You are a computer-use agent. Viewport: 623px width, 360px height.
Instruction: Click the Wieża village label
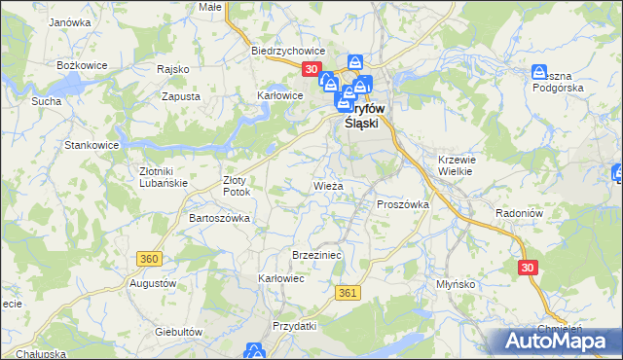tap(327, 185)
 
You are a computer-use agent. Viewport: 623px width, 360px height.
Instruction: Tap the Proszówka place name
tap(402, 204)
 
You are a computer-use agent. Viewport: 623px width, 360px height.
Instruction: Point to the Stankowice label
tap(91, 145)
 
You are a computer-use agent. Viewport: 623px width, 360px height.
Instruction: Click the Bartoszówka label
tap(219, 218)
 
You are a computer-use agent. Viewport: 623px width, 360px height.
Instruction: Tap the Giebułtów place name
tap(178, 331)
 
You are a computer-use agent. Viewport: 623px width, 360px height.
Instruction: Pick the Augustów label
tap(152, 283)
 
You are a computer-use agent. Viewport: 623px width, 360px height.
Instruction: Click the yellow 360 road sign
tap(149, 259)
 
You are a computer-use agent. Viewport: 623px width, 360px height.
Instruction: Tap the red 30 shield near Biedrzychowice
tap(311, 69)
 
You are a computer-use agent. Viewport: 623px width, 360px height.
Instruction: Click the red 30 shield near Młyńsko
tap(528, 268)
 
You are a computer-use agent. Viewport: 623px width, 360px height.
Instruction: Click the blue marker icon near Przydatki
tap(255, 350)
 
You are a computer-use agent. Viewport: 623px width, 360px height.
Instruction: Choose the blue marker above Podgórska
tap(540, 72)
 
